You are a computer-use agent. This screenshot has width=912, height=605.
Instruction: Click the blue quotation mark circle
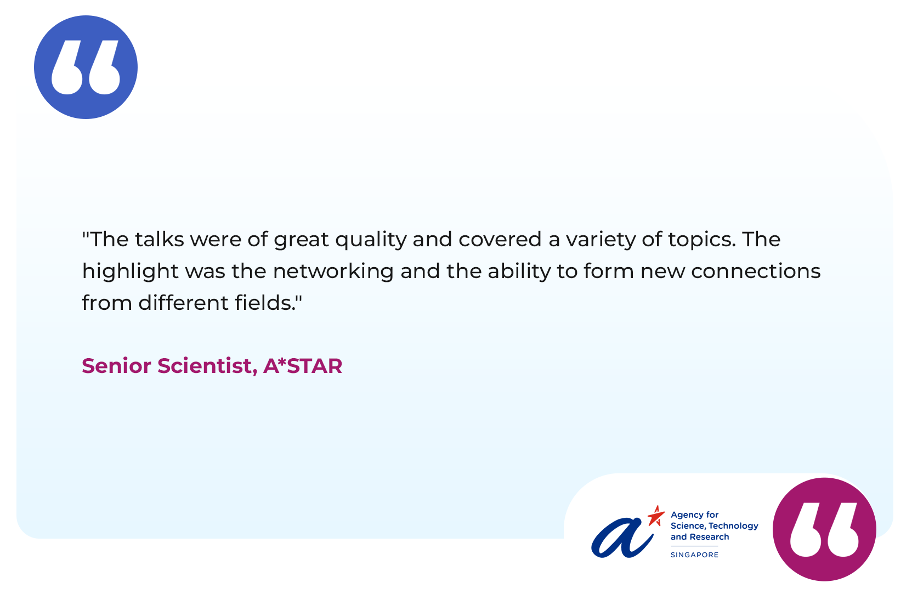[x=86, y=67]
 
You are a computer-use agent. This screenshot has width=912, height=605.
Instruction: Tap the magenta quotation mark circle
[x=824, y=529]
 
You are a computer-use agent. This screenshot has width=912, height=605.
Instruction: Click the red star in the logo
[x=656, y=516]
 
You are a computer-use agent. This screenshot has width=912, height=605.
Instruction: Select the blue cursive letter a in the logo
[x=622, y=538]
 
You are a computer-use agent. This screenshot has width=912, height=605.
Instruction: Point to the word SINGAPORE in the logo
[x=695, y=555]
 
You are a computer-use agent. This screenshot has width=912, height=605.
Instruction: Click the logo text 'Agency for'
[x=695, y=516]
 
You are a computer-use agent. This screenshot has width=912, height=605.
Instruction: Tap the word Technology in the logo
[x=734, y=526]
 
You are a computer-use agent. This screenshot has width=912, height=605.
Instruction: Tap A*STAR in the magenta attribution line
[x=303, y=366]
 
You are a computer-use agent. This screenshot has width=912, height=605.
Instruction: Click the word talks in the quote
[x=160, y=239]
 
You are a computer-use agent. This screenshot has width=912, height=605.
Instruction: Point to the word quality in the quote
[x=371, y=240]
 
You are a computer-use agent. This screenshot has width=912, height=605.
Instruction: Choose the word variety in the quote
[x=601, y=240]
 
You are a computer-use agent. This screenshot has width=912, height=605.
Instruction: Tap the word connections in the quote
[x=756, y=271]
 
